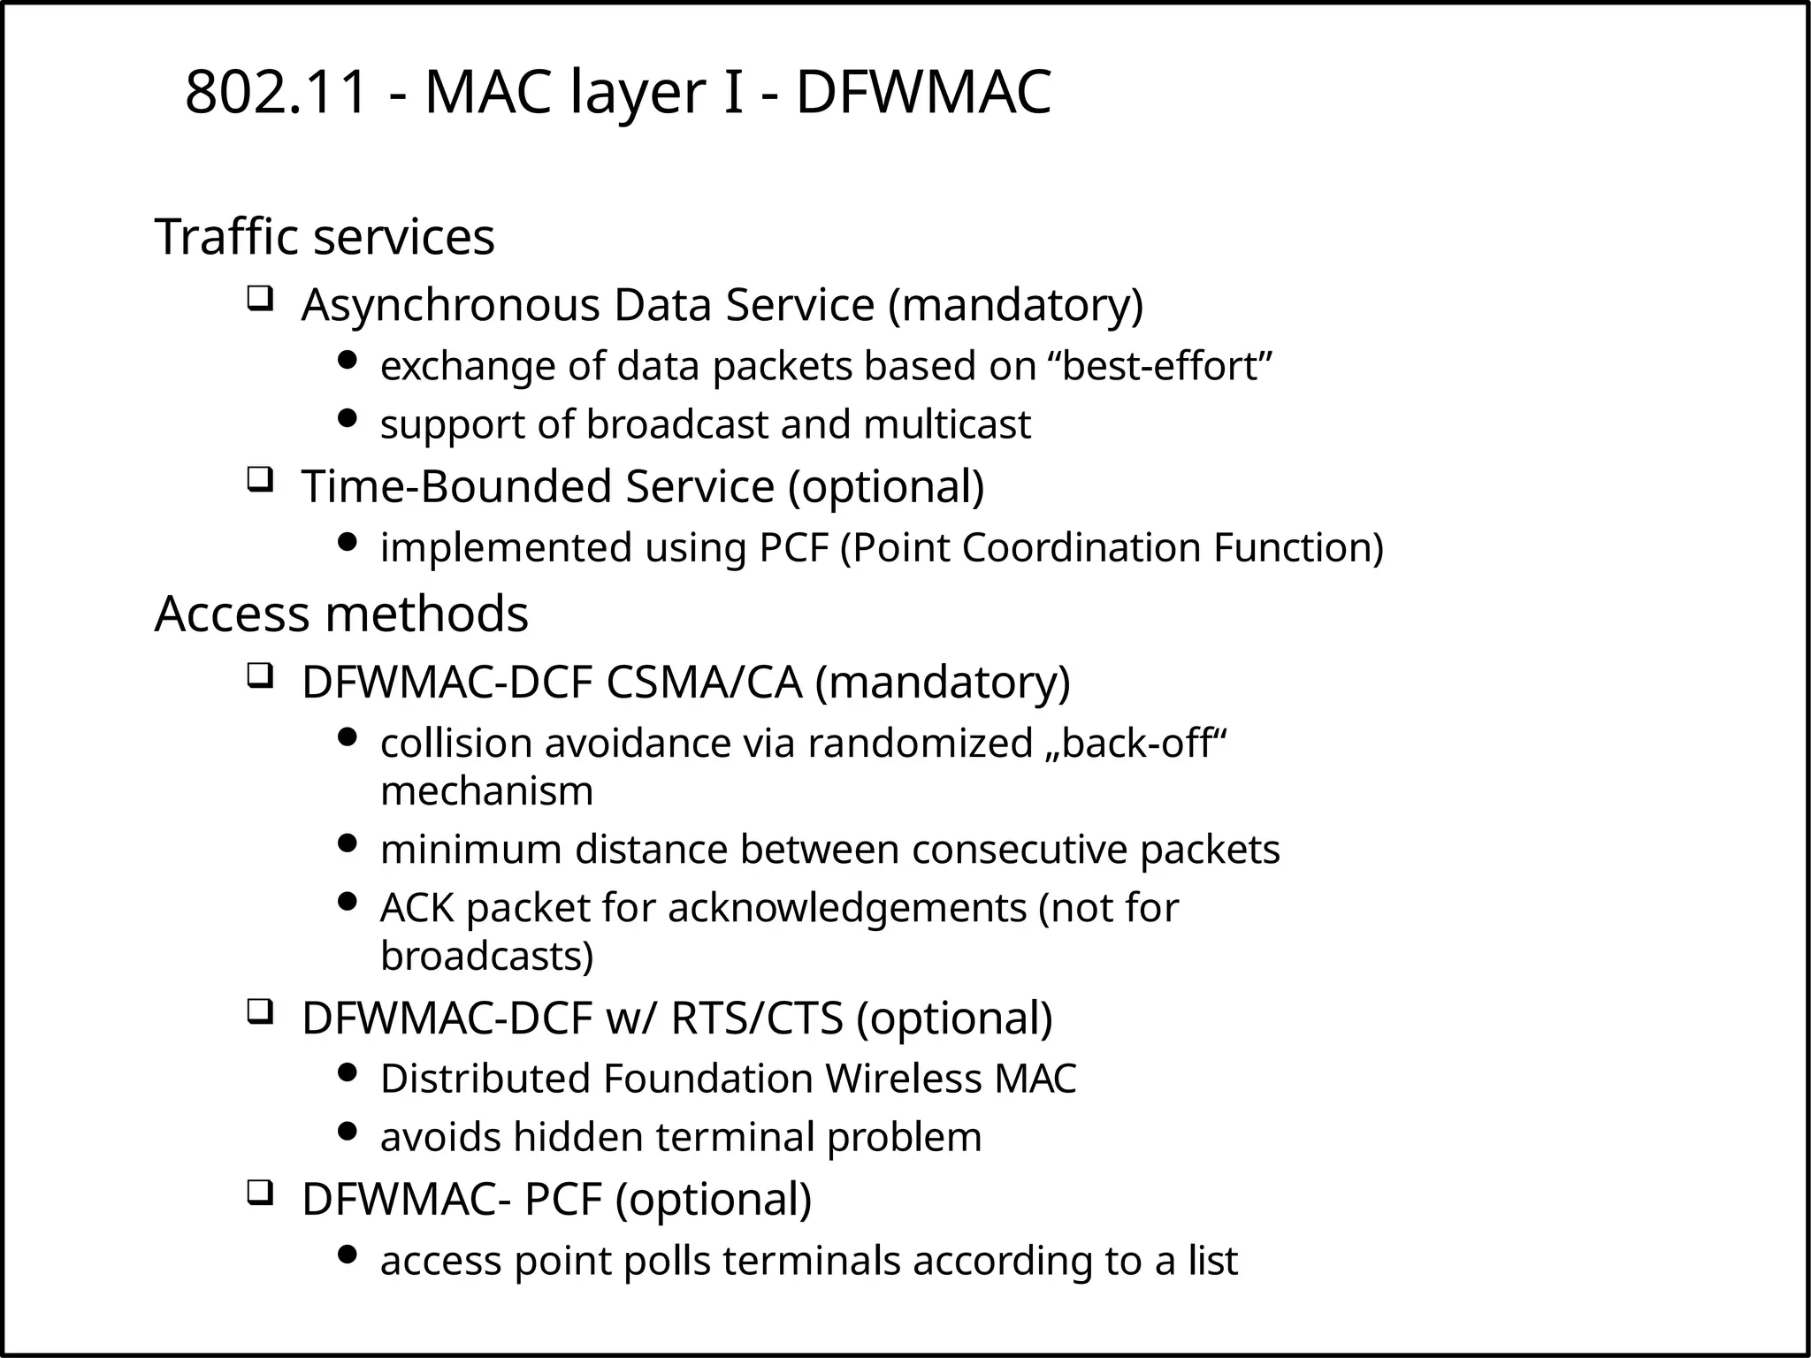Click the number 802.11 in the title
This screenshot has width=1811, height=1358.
(x=276, y=93)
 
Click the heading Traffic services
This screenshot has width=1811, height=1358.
(x=325, y=237)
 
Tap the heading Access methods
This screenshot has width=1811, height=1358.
(x=341, y=614)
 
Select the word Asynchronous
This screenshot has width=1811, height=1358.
(x=451, y=305)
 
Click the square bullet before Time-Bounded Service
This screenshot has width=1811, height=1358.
(x=258, y=480)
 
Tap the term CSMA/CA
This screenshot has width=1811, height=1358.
(x=704, y=682)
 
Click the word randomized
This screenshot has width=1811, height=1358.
(x=920, y=743)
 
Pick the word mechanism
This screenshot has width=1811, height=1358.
(x=486, y=790)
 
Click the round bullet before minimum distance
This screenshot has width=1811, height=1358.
(x=348, y=843)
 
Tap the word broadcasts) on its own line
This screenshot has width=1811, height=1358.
(x=486, y=956)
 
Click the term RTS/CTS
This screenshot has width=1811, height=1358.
(x=756, y=1018)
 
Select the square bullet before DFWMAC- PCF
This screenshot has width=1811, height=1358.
(x=258, y=1193)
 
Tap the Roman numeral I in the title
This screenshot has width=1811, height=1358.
(x=732, y=93)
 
